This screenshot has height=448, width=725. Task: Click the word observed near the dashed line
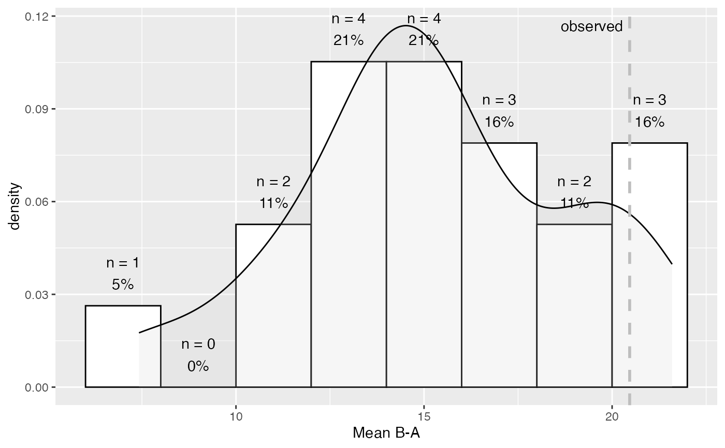[x=591, y=26]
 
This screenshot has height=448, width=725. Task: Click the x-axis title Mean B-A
[x=386, y=432]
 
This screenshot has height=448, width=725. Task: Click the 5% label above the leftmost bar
[x=123, y=284]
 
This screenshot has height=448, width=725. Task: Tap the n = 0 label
[x=198, y=344]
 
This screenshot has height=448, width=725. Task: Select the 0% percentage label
[x=198, y=366]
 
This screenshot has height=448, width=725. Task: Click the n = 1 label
[x=123, y=262]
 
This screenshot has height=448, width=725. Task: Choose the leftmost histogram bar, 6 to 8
[x=123, y=347]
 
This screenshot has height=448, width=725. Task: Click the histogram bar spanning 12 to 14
[x=349, y=233]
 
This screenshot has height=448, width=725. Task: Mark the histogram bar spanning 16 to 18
[x=499, y=269]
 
